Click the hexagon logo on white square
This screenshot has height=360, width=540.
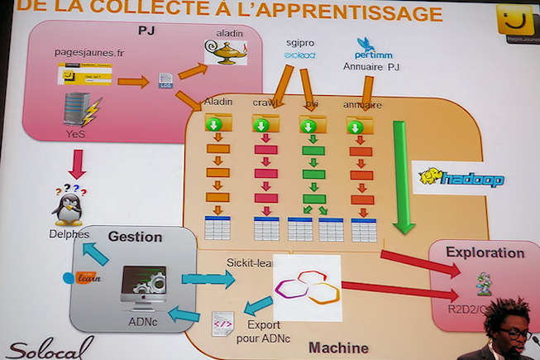tap(307, 286)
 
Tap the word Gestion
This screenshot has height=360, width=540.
tap(135, 237)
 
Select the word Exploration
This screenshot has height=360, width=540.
tap(485, 252)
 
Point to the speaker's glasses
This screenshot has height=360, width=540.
tap(514, 333)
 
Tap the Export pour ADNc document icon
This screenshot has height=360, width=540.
tap(222, 323)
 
